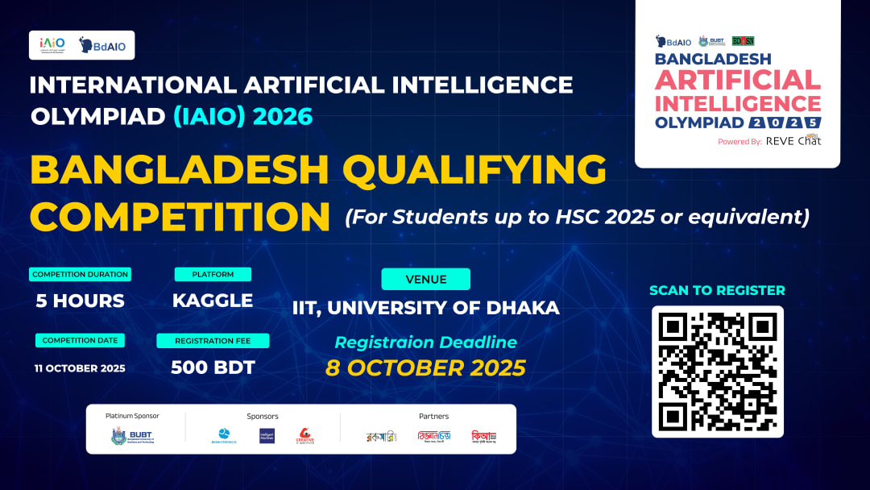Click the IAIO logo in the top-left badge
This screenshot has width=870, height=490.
point(52,45)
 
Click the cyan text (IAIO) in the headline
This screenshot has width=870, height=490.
point(208,116)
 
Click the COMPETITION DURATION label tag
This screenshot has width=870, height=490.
point(81,274)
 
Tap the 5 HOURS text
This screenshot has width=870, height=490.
point(80,301)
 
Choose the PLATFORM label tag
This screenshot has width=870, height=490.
point(213,274)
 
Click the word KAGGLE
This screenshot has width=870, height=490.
point(213,301)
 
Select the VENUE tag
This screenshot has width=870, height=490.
point(425,279)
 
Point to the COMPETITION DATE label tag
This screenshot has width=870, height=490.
point(80,340)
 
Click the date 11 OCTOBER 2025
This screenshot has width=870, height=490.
point(80,368)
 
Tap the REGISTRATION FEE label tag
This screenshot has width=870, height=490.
point(213,340)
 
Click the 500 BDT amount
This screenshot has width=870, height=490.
point(213,367)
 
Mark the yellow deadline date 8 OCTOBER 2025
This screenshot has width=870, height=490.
point(425,367)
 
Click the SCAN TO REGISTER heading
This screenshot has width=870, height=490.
point(717,290)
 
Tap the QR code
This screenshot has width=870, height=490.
point(717,371)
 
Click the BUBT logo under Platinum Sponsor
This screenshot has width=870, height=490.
point(132,436)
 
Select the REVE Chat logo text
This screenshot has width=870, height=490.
point(793,141)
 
